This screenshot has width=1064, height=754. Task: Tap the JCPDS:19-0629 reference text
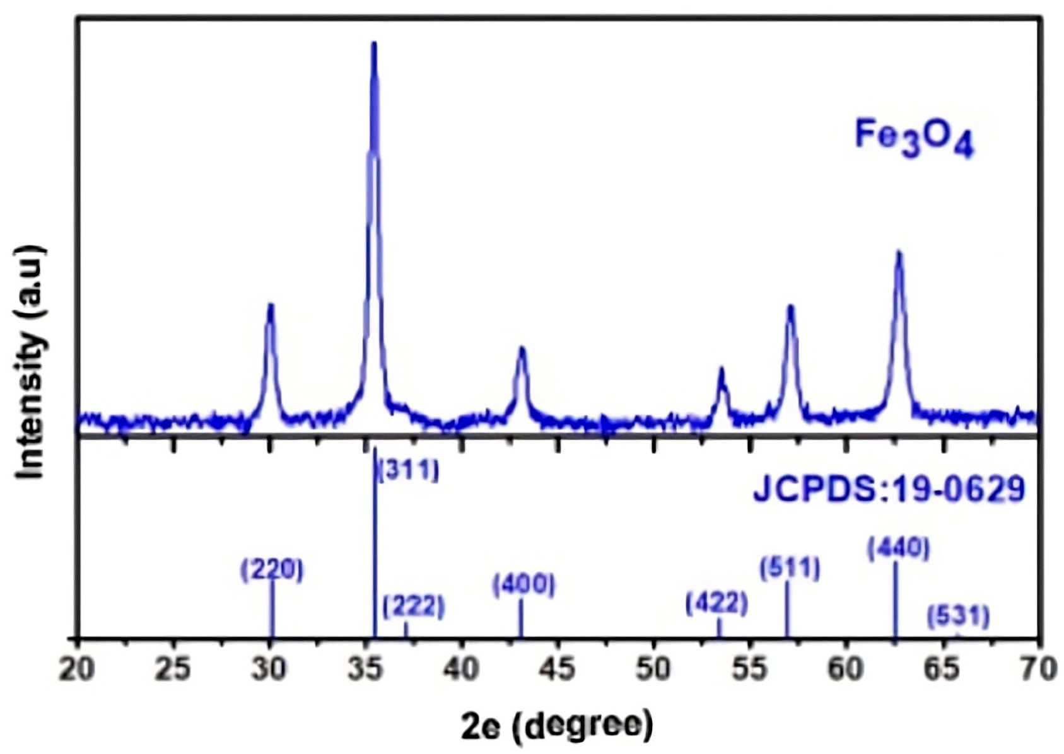889,489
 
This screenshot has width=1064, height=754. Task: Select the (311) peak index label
408,470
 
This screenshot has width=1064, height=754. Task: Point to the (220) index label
272,570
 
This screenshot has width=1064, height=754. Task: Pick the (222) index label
414,606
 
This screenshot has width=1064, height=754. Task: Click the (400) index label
524,586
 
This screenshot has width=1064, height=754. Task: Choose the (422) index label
717,604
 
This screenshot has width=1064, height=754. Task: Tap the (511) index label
790,568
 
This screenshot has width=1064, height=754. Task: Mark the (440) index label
898,548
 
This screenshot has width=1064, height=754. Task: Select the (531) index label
958,616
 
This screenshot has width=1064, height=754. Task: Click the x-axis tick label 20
77,670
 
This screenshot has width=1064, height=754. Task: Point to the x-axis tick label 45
558,670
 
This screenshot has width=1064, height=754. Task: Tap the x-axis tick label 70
1038,670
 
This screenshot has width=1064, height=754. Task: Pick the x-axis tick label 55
750,670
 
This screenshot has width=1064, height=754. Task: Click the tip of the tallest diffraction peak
374,44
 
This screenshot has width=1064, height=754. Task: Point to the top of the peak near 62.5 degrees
899,253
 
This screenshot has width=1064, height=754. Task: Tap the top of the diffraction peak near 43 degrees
522,349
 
